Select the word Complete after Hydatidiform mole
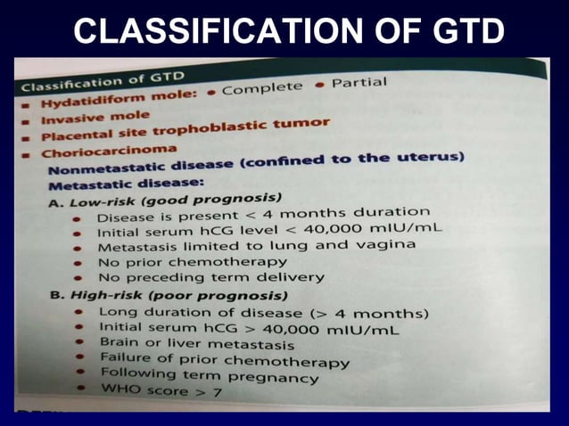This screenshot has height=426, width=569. pos(263,89)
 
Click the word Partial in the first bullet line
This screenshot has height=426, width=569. pos(359,83)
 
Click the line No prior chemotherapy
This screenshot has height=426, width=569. pos(192,262)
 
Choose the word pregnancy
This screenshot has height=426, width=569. pos(281,377)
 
